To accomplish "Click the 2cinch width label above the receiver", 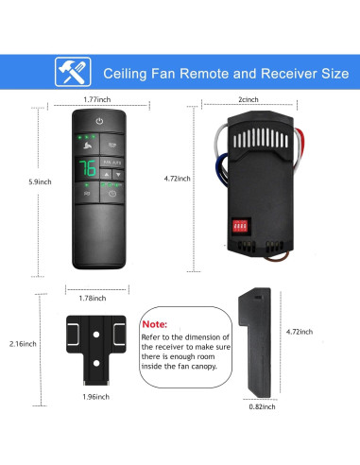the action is (248, 99).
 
